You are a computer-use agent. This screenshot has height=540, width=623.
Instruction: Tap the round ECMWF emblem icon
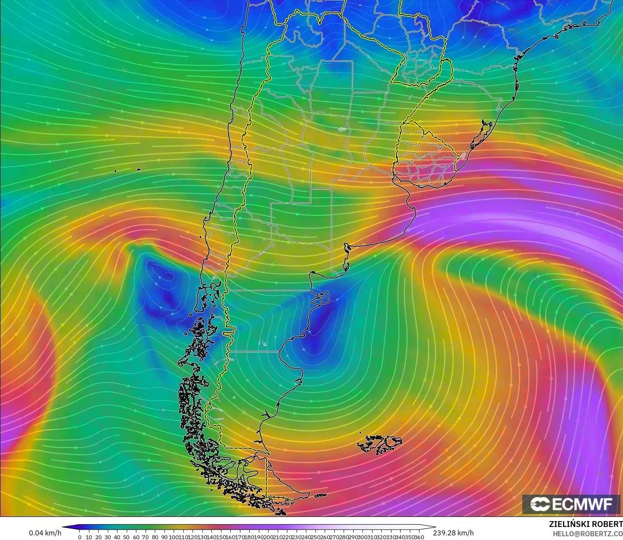pos(540,504)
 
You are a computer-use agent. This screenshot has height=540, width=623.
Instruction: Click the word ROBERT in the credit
pos(607,524)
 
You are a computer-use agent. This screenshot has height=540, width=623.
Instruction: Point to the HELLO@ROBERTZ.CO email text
pos(587,534)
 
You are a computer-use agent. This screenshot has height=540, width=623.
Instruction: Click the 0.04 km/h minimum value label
pos(45,533)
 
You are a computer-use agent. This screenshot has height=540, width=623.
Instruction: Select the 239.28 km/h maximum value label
pos(453,533)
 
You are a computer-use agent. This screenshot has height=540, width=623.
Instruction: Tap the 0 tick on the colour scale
pos(80,537)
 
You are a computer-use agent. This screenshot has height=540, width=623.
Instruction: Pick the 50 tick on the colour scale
pos(126,537)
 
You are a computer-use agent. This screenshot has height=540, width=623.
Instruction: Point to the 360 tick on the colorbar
pos(419,537)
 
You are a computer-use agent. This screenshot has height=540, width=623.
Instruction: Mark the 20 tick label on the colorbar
pos(98,537)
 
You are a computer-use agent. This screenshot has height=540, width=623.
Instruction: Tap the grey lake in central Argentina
pos(342,130)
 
